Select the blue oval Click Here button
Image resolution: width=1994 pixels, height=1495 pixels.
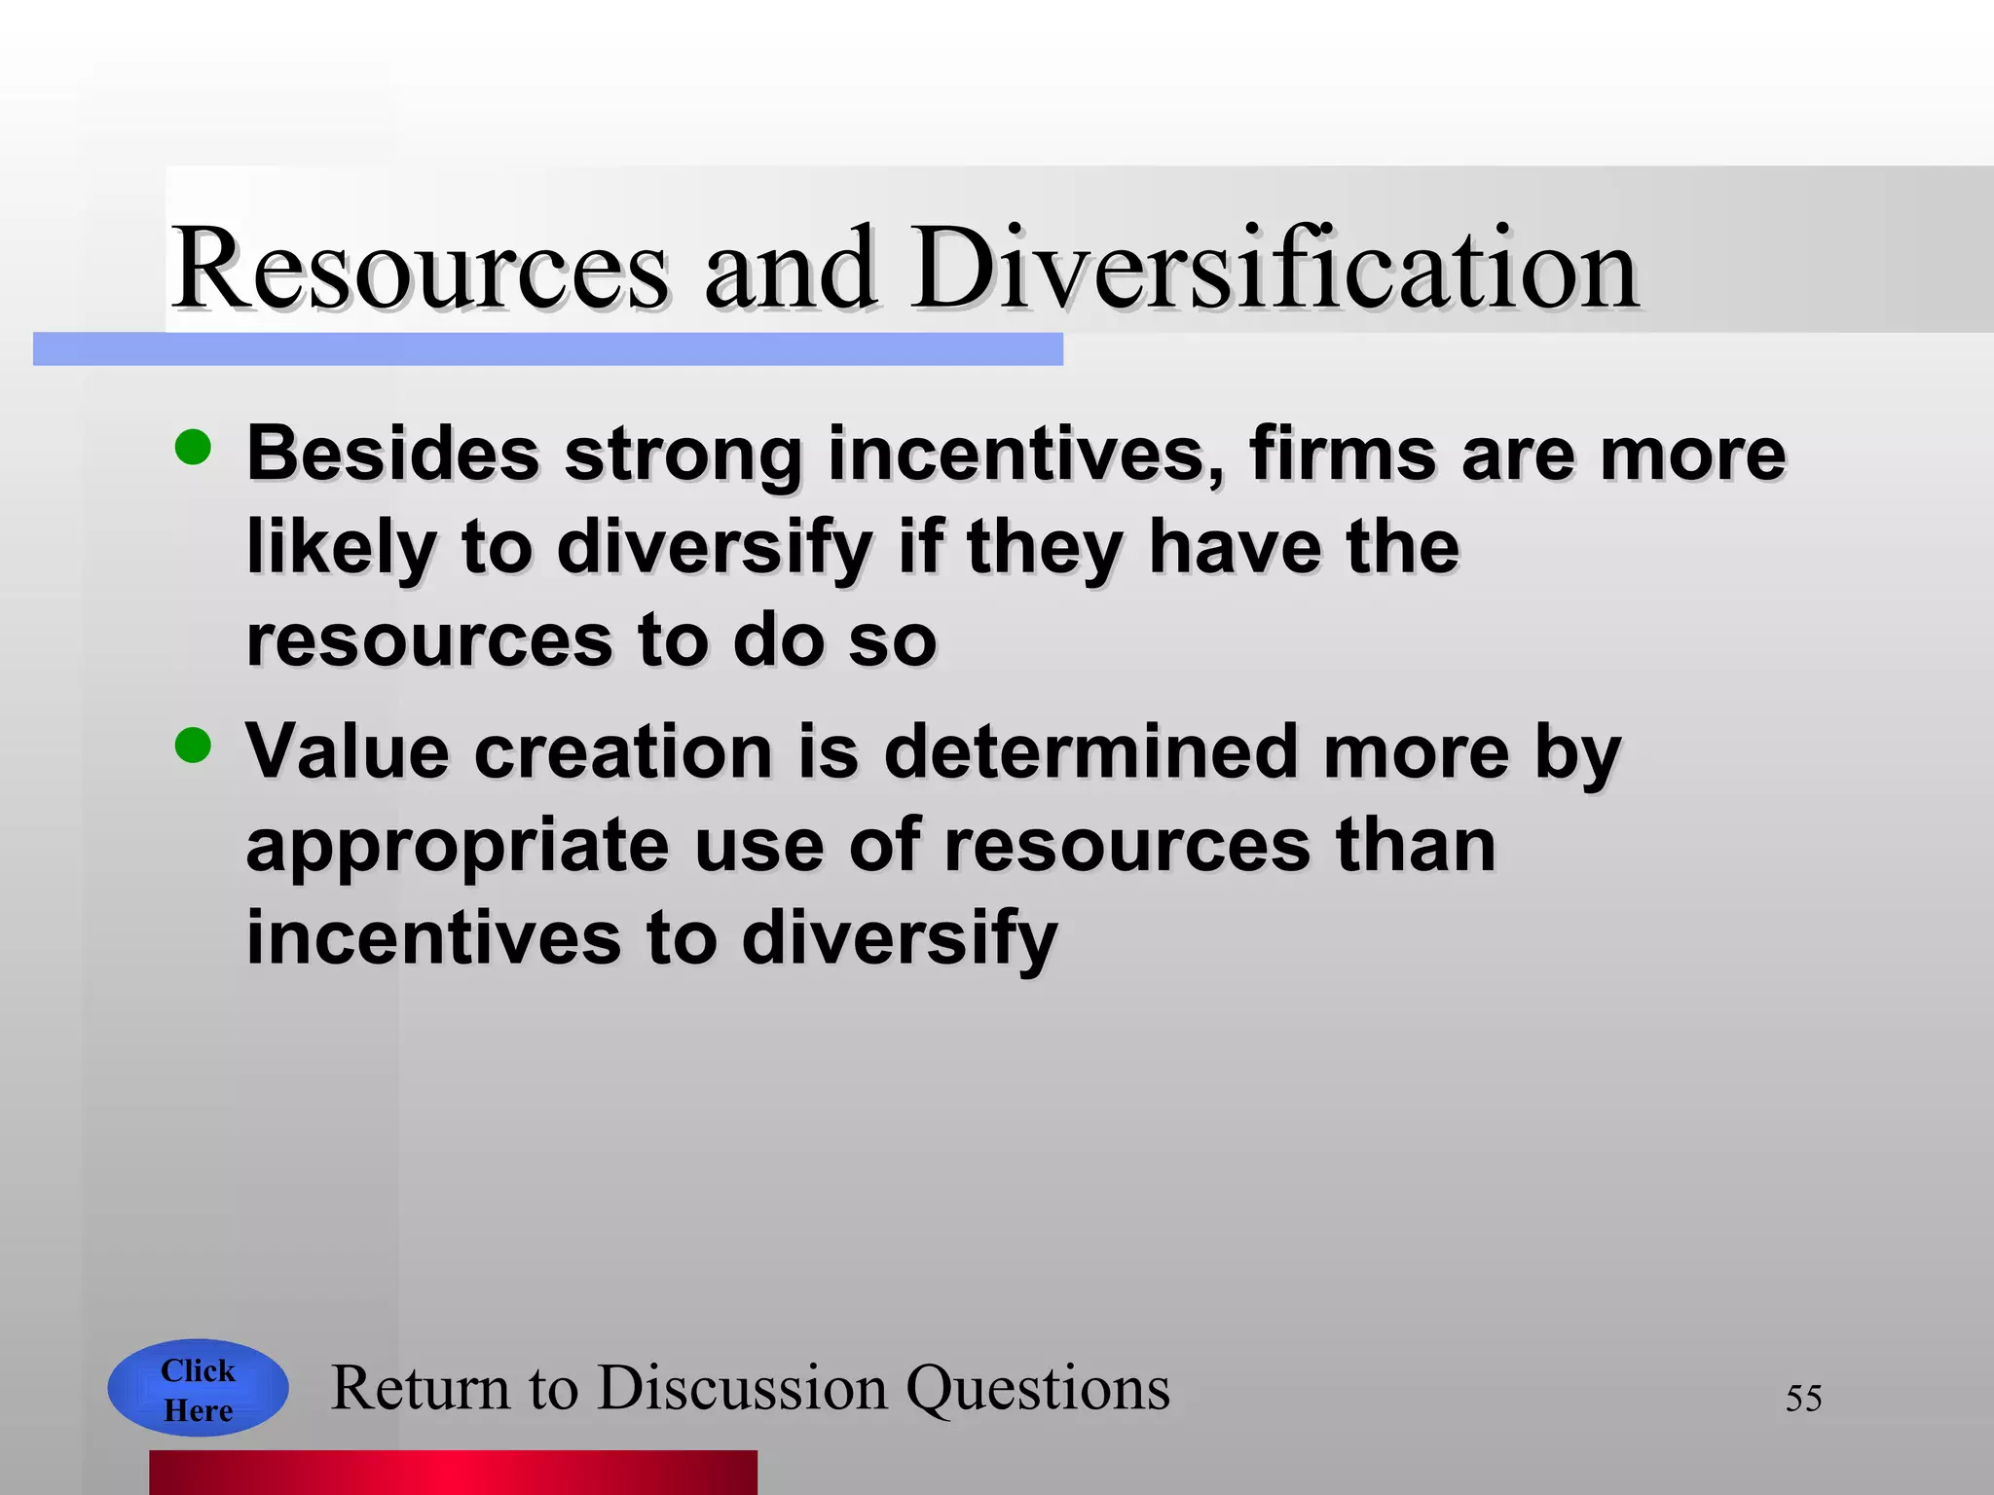point(198,1389)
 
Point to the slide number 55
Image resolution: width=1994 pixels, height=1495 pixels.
point(1803,1399)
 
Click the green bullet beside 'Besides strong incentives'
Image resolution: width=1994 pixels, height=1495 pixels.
point(193,448)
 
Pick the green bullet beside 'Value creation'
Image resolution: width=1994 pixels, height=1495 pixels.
point(193,746)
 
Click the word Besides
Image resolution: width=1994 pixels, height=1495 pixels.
point(392,454)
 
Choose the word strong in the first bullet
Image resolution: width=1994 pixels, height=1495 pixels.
point(683,456)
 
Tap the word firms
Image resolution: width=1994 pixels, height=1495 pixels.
point(1343,454)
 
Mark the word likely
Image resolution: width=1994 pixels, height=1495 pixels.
point(340,547)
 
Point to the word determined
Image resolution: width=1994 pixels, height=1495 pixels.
point(1089,751)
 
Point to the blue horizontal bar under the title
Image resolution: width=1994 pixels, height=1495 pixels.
point(547,349)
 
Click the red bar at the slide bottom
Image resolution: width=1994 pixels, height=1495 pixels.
point(453,1472)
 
